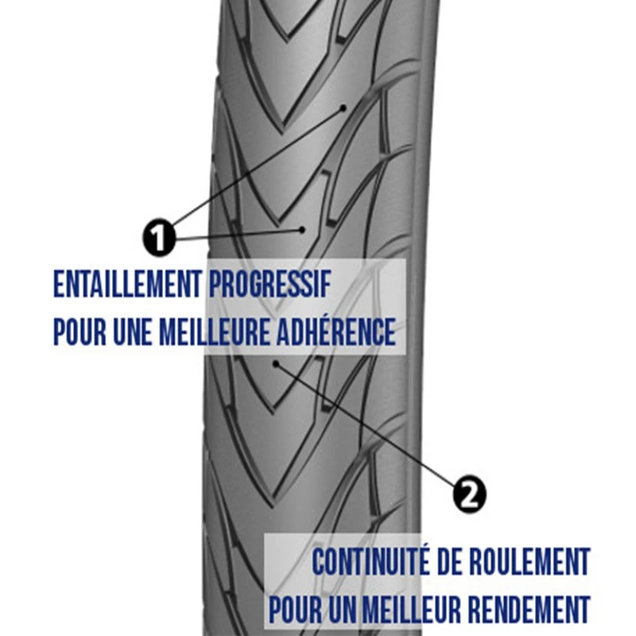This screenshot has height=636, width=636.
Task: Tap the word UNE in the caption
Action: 132,332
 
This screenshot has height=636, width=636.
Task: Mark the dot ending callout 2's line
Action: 276,364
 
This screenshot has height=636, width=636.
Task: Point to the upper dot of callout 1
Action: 344,106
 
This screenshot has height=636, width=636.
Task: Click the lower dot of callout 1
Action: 302,229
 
